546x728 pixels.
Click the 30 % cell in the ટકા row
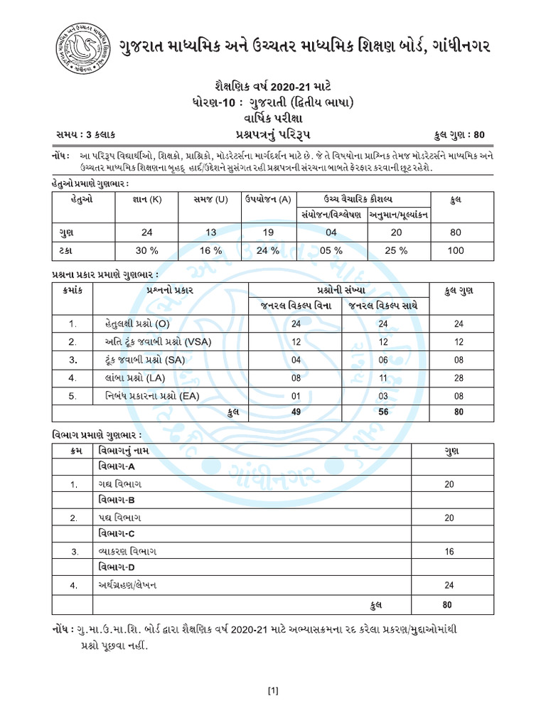pyautogui.click(x=146, y=250)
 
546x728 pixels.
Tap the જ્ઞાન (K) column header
pyautogui.click(x=146, y=201)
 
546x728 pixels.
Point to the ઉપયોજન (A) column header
pyautogui.click(x=268, y=201)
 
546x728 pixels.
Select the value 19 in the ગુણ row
pyautogui.click(x=268, y=232)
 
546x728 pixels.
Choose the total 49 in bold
pyautogui.click(x=296, y=412)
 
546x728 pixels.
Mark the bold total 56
pyautogui.click(x=384, y=412)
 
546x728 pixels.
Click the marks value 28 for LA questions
pyautogui.click(x=459, y=377)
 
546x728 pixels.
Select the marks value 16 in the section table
pyautogui.click(x=448, y=551)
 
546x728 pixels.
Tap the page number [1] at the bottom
pyautogui.click(x=272, y=690)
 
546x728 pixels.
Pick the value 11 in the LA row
pyautogui.click(x=384, y=377)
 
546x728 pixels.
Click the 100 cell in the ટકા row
pyautogui.click(x=456, y=250)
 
